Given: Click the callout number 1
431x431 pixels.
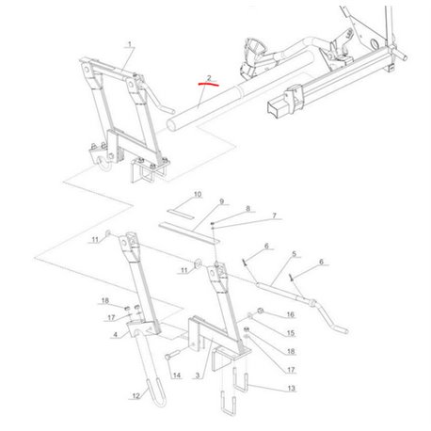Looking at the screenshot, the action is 130,44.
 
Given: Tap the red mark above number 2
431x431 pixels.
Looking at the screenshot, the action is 208,84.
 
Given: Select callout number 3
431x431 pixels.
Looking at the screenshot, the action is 197,375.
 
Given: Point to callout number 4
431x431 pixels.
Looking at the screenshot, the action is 115,335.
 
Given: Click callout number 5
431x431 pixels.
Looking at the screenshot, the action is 294,253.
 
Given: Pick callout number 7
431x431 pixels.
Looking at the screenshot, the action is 274,215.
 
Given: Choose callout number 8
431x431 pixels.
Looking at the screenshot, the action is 247,209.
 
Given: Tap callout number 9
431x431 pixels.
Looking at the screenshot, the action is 222,201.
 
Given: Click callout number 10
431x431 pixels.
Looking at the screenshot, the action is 198,195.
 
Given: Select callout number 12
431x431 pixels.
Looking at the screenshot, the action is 136,396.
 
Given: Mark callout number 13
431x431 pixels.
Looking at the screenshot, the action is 291,389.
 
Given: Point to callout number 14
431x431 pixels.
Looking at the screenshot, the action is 177,375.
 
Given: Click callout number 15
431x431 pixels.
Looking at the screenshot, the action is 291,333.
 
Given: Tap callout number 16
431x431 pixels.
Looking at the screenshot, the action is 291,314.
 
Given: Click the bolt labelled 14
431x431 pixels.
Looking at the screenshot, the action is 171,356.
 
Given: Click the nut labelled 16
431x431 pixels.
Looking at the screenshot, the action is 260,311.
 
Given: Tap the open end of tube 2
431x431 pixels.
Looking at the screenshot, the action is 171,125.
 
